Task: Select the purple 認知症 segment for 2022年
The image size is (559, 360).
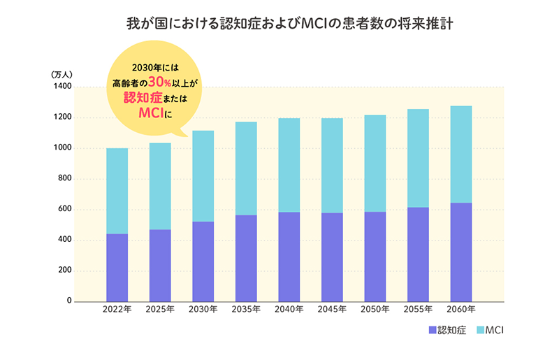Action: [117, 267]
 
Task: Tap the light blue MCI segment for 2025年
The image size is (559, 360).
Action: [160, 186]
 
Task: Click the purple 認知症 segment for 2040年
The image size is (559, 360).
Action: [289, 256]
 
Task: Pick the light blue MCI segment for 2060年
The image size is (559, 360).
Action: [461, 154]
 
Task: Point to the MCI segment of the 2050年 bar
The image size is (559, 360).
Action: [375, 163]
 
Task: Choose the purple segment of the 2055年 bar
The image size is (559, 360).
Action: [418, 254]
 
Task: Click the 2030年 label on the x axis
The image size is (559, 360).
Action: [203, 309]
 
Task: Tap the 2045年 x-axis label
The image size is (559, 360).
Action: [332, 309]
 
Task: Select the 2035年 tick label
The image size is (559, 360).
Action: [246, 309]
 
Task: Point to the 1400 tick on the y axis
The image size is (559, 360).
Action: [62, 87]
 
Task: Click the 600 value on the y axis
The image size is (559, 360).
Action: [64, 210]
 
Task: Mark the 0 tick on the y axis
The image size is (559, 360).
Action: [69, 301]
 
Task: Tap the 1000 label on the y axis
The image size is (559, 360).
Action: [62, 148]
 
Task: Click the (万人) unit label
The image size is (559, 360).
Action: [66, 73]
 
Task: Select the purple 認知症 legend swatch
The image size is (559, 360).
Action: [432, 329]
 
